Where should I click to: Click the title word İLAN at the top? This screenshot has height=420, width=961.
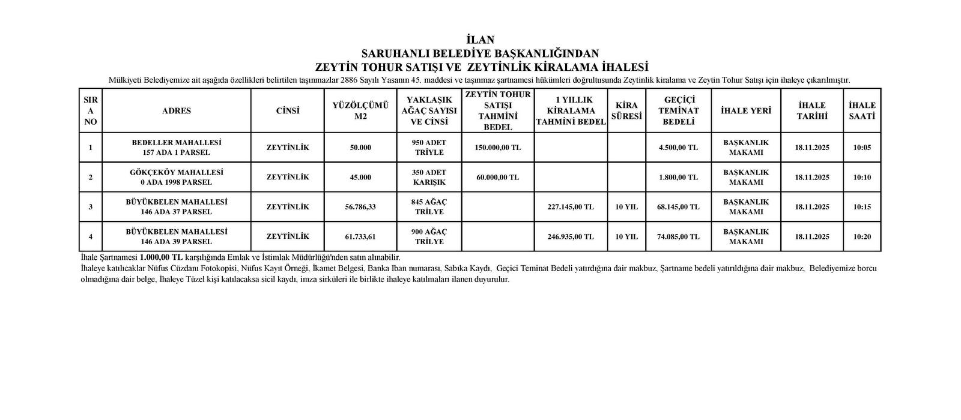(480, 40)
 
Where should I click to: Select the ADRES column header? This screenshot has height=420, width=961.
(177, 111)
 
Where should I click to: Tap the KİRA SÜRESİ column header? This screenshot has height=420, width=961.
(626, 111)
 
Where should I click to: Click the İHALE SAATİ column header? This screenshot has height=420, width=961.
(862, 111)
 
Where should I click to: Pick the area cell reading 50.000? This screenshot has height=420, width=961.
(360, 148)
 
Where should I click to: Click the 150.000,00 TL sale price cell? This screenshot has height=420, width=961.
(497, 148)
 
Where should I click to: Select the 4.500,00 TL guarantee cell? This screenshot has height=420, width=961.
(678, 148)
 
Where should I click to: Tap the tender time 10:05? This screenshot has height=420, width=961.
(862, 148)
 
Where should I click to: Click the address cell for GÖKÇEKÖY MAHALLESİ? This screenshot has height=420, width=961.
(177, 177)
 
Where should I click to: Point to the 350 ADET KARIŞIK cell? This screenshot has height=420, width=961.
(429, 177)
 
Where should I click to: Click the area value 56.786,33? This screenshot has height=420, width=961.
(360, 207)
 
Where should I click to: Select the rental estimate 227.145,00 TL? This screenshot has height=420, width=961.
(571, 207)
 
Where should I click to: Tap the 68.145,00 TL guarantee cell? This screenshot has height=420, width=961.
(678, 207)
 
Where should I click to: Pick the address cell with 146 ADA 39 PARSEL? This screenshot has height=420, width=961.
(177, 236)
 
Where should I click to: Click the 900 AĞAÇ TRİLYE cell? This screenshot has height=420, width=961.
(429, 236)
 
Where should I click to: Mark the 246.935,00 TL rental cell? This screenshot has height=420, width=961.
(571, 236)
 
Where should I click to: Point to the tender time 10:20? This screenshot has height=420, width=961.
(862, 236)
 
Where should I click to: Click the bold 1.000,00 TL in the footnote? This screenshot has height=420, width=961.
(160, 257)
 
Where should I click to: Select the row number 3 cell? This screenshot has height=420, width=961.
(91, 207)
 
